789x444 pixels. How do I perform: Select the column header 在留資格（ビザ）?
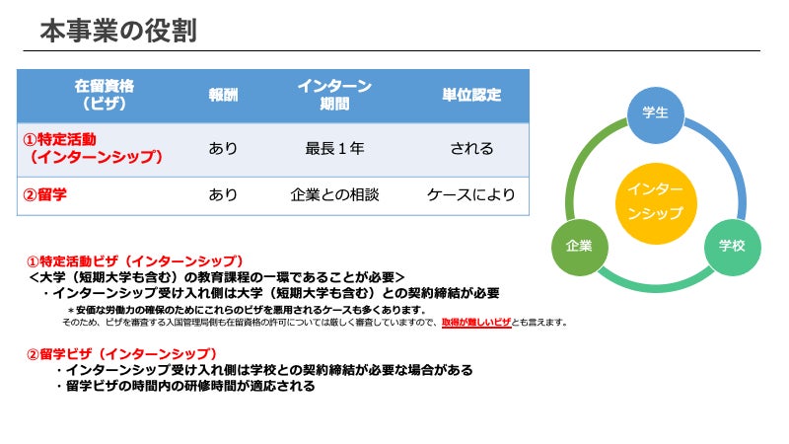[x=104, y=95]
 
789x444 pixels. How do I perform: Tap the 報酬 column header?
[x=223, y=95]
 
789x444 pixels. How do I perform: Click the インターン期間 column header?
[x=334, y=95]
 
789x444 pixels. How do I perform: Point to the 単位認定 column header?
[x=471, y=95]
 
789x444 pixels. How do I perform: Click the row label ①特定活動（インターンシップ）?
[x=94, y=148]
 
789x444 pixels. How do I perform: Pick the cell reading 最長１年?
[x=334, y=149]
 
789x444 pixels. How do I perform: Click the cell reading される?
[x=471, y=149]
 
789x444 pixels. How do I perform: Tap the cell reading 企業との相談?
[x=334, y=194]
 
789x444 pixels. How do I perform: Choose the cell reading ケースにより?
[x=471, y=194]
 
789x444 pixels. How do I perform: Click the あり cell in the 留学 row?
[x=223, y=194]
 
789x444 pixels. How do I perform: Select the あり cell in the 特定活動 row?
[x=223, y=149]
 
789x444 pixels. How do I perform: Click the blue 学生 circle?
[x=655, y=113]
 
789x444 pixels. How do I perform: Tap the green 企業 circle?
[x=579, y=246]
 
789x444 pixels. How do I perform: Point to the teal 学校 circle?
[x=732, y=246]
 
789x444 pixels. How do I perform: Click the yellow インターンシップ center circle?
[x=655, y=200]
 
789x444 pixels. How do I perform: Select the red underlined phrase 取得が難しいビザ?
[x=476, y=323]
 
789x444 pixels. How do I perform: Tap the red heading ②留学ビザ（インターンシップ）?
[x=121, y=353]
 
